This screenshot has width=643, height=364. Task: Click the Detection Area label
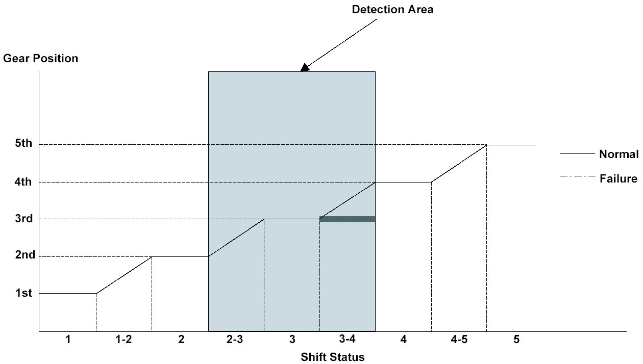(392, 9)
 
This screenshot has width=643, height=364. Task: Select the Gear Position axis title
(41, 58)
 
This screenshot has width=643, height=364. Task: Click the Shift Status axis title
(333, 356)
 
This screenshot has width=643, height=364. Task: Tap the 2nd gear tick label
(25, 255)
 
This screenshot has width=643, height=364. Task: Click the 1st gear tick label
(23, 293)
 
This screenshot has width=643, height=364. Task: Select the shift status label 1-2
(123, 340)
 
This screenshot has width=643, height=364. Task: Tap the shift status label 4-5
(458, 340)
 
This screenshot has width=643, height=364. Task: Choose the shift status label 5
(516, 340)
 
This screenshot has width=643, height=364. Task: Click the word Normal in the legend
(619, 154)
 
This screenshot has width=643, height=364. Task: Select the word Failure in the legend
(619, 178)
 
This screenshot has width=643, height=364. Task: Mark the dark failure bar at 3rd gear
(348, 219)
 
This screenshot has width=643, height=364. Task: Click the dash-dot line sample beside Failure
(577, 177)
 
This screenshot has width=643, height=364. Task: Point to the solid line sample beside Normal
(577, 153)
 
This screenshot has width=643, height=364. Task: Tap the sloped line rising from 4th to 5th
(459, 164)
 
